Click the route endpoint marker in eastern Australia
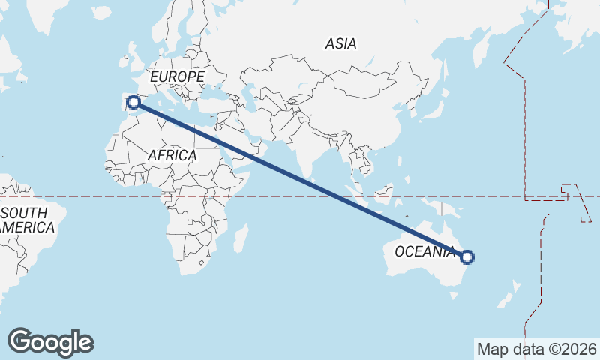click(467, 257)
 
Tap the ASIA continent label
click(340, 44)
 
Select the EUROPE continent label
click(177, 77)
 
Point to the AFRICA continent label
click(172, 155)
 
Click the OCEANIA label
click(425, 251)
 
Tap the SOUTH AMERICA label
click(27, 220)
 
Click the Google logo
click(51, 342)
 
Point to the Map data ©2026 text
click(537, 349)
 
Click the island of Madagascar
click(241, 238)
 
